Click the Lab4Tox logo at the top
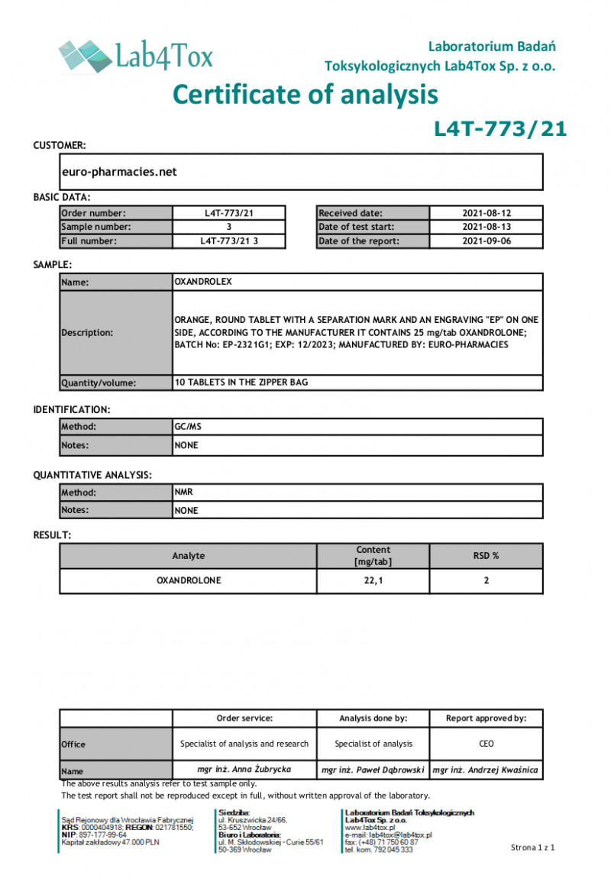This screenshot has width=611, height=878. [x=136, y=55]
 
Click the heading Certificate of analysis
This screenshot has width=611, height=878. [x=305, y=94]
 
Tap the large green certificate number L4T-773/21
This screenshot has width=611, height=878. [x=500, y=129]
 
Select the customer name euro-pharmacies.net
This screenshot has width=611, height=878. [x=119, y=172]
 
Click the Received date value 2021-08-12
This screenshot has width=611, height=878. [x=486, y=214]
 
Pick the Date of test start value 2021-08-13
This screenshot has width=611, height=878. [x=486, y=228]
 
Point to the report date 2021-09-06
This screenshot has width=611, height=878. [x=486, y=241]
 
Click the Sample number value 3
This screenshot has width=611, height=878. [x=229, y=228]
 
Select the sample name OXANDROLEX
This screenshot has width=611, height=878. [x=203, y=282]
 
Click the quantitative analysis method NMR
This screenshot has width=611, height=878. [x=183, y=492]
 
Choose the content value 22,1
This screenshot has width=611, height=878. [x=373, y=581]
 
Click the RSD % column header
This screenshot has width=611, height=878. [x=486, y=556]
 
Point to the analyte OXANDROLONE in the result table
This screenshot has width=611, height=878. [x=189, y=581]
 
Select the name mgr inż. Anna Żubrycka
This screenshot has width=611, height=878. [x=244, y=770]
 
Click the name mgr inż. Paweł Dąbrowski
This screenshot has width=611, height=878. [x=373, y=770]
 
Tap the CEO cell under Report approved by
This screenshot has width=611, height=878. [x=486, y=744]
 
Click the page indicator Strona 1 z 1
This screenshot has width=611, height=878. [x=532, y=847]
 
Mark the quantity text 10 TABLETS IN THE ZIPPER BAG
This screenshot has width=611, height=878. [x=241, y=383]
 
